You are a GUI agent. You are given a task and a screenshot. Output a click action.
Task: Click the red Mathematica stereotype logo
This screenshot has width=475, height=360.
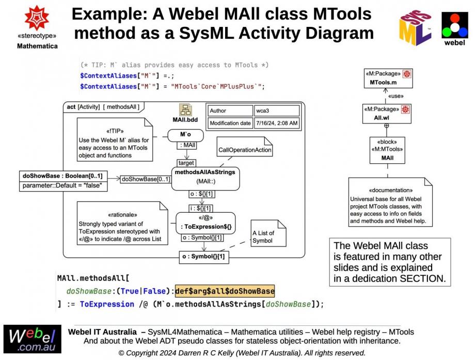point(37,18)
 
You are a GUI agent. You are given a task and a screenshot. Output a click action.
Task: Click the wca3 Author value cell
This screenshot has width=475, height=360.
point(277,111)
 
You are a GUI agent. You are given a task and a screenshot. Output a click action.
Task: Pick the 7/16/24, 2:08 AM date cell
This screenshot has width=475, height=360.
point(277,123)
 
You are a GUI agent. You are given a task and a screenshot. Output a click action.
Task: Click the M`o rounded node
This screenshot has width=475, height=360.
point(185,135)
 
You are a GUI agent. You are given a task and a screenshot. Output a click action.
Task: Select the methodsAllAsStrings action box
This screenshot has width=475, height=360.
point(205,177)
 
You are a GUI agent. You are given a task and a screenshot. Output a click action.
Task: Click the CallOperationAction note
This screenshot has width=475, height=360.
point(244,150)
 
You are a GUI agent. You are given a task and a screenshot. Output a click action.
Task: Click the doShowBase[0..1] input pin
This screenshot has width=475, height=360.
point(145,179)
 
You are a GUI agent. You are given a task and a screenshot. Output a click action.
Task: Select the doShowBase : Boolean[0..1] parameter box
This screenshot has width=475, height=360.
point(63,180)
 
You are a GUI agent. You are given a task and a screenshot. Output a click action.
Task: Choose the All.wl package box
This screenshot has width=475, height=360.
point(387,114)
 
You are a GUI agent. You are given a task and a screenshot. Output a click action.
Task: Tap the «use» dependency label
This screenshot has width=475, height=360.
point(395,96)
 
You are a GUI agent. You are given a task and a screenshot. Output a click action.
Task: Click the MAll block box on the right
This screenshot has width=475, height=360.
point(387,150)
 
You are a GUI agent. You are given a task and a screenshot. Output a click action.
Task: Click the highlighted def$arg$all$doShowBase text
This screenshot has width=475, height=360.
point(225,291)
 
